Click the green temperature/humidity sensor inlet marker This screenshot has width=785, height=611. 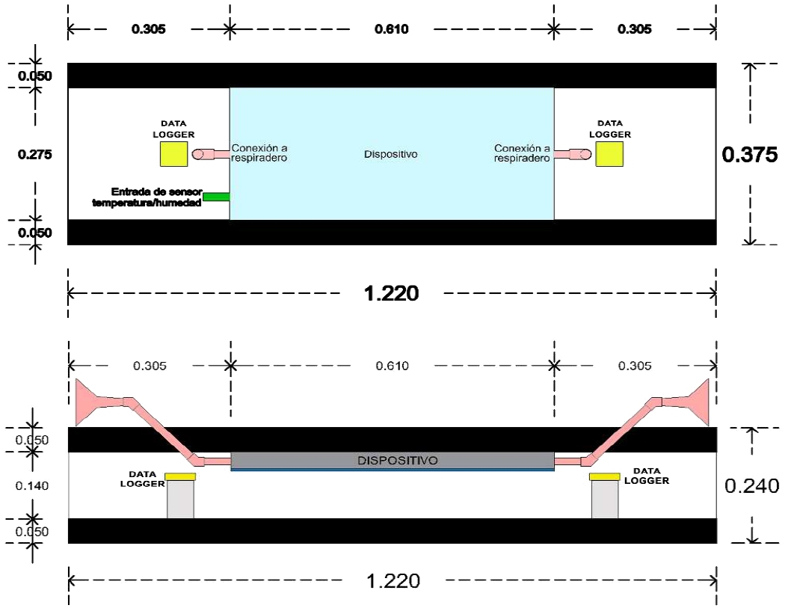point(216,197)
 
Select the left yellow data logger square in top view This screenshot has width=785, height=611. point(173,154)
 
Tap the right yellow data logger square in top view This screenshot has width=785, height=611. point(610,154)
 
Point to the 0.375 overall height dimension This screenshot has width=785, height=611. point(750,154)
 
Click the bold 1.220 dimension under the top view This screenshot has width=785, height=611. point(391,293)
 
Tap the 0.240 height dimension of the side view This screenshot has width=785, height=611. point(752,486)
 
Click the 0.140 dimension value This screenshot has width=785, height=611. point(32,486)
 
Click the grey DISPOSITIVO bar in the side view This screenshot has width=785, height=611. point(392,461)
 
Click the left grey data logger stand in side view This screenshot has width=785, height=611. point(180,499)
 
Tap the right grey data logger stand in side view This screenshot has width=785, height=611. point(605,499)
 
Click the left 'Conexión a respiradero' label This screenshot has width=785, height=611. point(259,153)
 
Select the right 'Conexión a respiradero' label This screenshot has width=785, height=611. point(523,153)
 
